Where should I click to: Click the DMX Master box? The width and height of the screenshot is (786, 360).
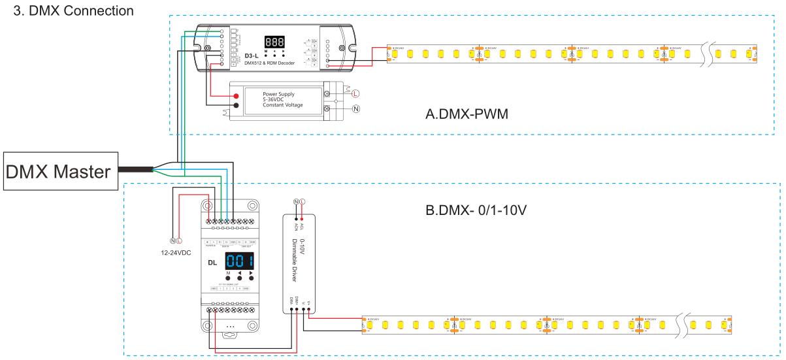(58, 172)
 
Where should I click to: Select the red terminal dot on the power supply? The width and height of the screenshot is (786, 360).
(236, 96)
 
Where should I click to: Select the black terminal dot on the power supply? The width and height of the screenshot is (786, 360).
(236, 105)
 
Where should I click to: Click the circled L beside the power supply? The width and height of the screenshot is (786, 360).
(355, 91)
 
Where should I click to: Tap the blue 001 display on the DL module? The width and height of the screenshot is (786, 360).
(239, 262)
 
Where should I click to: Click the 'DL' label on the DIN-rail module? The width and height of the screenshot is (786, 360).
(212, 263)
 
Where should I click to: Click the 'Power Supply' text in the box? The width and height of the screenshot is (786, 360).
(279, 93)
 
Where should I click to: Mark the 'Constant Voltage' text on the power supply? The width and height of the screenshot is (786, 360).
(282, 105)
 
